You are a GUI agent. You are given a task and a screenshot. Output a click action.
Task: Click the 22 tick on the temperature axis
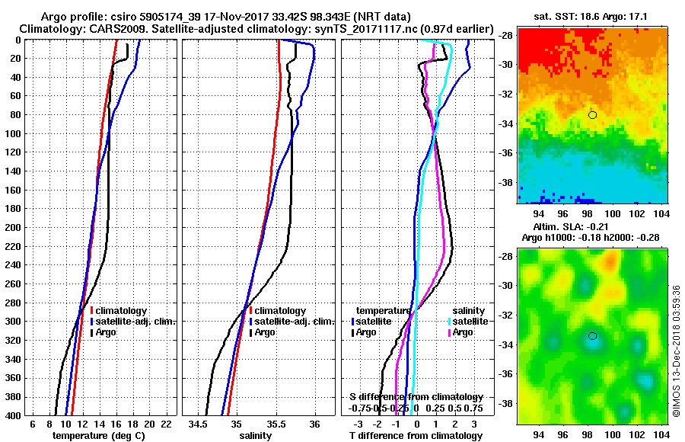click(x=166, y=424)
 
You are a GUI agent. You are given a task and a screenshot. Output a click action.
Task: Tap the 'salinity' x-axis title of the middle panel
click(x=256, y=436)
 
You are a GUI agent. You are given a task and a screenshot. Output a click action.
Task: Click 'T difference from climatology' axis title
click(x=415, y=436)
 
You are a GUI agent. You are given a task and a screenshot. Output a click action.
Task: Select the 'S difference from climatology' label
click(x=416, y=397)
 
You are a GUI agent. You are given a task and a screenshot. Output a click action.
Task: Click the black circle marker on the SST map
click(x=592, y=115)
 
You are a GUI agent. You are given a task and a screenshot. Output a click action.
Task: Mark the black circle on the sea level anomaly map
click(x=592, y=336)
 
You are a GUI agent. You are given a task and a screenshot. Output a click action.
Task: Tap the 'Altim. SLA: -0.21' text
click(x=587, y=227)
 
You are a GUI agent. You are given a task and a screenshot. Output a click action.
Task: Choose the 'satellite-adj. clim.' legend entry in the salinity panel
click(x=292, y=322)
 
